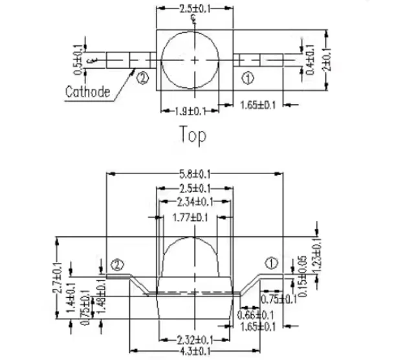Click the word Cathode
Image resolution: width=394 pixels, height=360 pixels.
pyautogui.click(x=88, y=92)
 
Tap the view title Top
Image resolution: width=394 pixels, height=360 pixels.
pyautogui.click(x=193, y=135)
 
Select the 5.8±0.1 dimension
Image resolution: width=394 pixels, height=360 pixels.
pyautogui.click(x=195, y=174)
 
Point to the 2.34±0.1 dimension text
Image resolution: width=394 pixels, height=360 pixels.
pyautogui.click(x=195, y=201)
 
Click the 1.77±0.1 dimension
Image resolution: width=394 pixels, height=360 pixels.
pyautogui.click(x=190, y=218)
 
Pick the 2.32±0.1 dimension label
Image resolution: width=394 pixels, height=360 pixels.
pyautogui.click(x=195, y=341)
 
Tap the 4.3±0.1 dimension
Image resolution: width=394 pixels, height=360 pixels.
pyautogui.click(x=195, y=351)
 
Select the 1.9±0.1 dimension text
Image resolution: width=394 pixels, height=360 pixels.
pyautogui.click(x=190, y=111)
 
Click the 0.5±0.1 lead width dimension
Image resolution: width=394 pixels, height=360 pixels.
pyautogui.click(x=78, y=60)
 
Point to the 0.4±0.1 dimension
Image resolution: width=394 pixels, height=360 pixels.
pyautogui.click(x=311, y=60)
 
